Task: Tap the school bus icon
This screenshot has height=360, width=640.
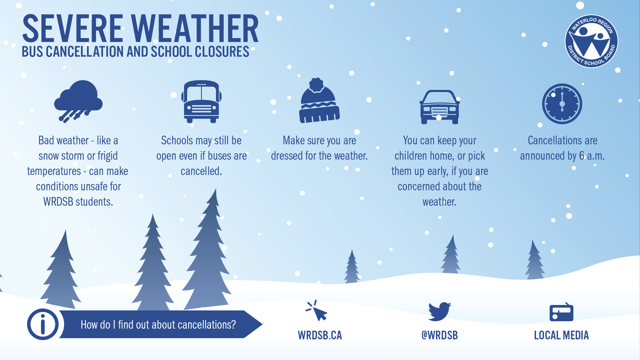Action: point(201,101)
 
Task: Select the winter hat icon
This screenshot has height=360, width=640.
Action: point(319,102)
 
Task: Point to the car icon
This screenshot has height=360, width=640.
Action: point(439,107)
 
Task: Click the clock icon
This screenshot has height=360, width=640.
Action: point(562,104)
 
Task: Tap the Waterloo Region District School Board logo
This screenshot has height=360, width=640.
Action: point(591,41)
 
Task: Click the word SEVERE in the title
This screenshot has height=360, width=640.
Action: point(73,29)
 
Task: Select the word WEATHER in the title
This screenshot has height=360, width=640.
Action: point(195,29)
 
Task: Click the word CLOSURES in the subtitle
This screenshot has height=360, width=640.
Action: point(222,52)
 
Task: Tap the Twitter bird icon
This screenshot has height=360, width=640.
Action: point(439,311)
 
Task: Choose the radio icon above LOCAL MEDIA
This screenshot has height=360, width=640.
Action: point(561,312)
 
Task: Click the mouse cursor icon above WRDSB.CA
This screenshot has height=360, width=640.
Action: point(317,311)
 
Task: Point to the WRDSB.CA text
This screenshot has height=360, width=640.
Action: point(320,335)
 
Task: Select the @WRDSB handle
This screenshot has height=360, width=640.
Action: point(439,335)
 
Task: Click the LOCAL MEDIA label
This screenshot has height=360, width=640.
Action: point(561,335)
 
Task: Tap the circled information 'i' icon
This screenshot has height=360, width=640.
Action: point(43,324)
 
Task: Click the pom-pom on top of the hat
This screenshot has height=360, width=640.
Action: point(316,85)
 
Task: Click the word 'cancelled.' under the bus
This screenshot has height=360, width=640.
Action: point(201,171)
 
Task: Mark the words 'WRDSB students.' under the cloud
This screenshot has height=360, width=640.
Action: point(78,202)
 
